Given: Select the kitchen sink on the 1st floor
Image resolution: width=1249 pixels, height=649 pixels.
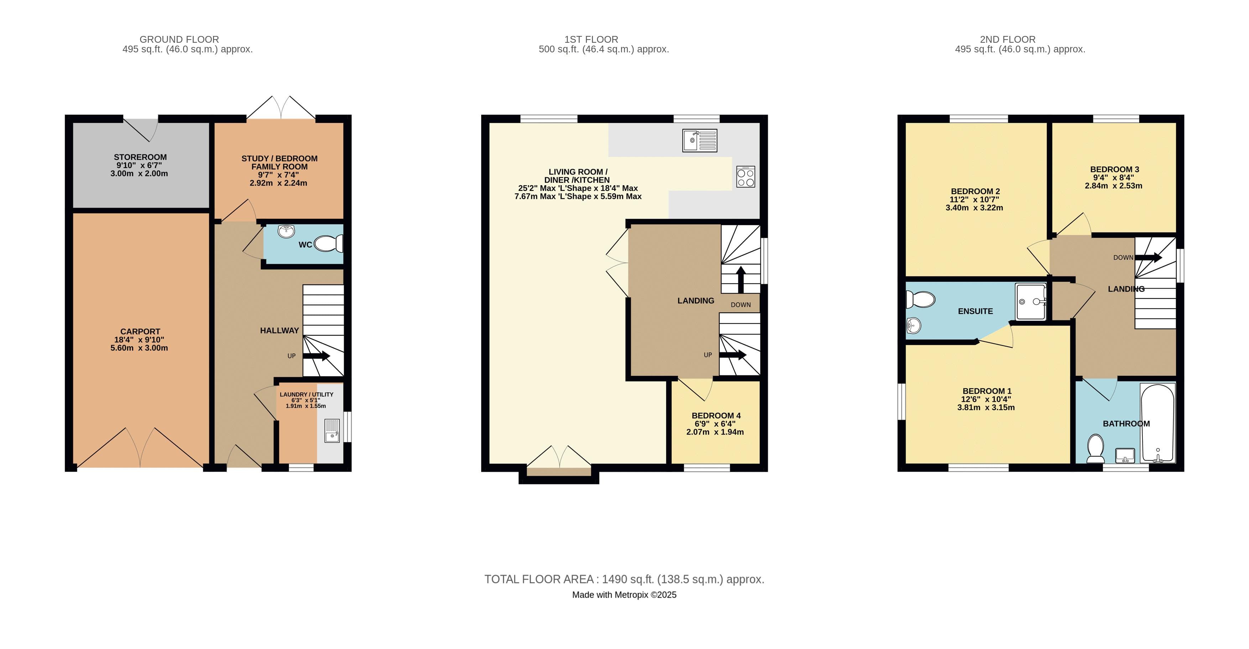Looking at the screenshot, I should coord(700,141).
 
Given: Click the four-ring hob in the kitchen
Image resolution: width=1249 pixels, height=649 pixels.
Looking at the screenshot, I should coord(745,177).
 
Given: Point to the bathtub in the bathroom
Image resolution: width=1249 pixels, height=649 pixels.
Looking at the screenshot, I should coord(1157,423).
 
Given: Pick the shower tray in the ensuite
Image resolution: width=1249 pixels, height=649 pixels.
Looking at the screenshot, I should coord(1031,302).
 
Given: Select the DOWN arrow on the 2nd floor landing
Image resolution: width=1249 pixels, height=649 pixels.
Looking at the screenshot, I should coord(1148,258).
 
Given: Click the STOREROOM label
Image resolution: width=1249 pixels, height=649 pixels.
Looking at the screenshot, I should coord(140,157).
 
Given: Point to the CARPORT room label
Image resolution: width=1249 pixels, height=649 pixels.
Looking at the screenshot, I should coord(140,331).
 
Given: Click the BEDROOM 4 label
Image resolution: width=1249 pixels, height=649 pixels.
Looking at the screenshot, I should coord(715,416).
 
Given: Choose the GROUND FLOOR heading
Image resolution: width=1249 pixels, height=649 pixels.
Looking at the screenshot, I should coord(179,39).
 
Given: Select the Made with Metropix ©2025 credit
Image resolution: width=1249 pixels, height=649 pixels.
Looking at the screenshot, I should coord(624,595).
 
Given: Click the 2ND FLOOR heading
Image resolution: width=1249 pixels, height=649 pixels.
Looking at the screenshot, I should coord(1008,39).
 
